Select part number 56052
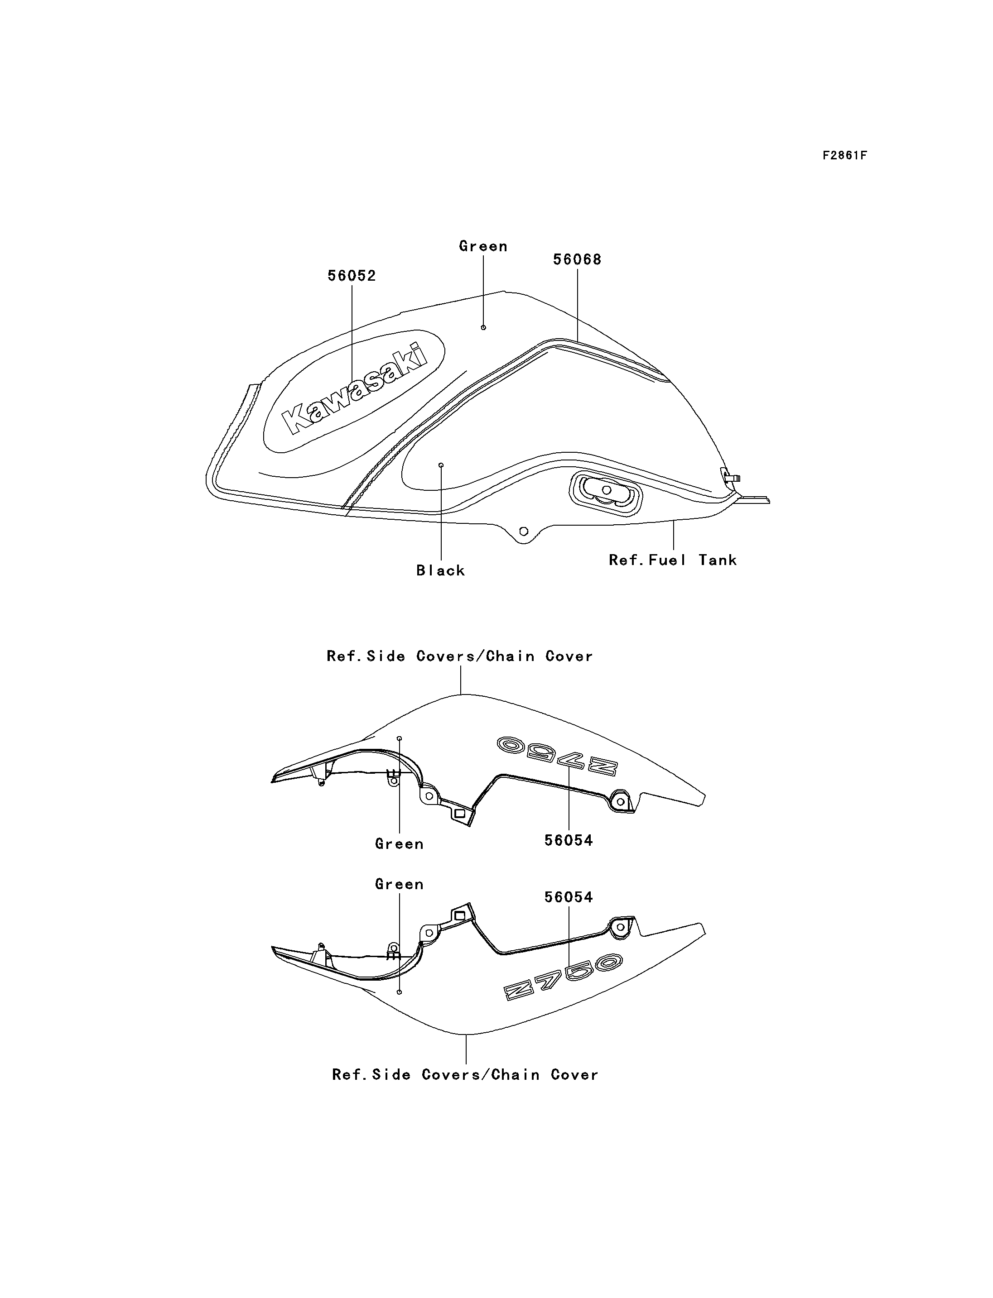(352, 276)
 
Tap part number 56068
(577, 260)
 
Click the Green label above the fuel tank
(483, 246)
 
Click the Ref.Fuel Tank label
(673, 560)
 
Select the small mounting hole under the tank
(523, 532)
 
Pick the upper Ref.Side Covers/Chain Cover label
(460, 656)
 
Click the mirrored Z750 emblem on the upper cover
(557, 756)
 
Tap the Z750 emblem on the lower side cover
(563, 977)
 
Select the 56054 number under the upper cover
(569, 841)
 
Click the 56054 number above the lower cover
(569, 897)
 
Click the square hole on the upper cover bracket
(460, 813)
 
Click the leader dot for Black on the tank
(441, 465)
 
